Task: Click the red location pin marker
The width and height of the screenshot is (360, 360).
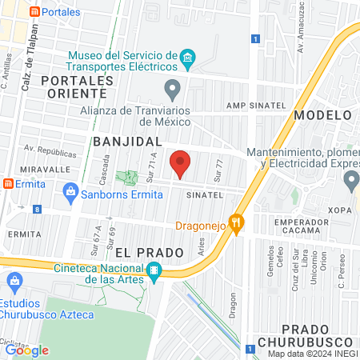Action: point(181,163)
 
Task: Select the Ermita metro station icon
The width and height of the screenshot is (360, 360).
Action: point(8,183)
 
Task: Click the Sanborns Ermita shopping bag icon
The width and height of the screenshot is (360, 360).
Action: point(70,191)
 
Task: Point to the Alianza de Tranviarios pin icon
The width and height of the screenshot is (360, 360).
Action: point(171,87)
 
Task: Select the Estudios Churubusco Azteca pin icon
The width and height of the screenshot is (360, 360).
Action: point(14,282)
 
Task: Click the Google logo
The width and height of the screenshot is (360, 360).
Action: point(27,350)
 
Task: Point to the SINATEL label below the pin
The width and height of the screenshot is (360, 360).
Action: point(202,194)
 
